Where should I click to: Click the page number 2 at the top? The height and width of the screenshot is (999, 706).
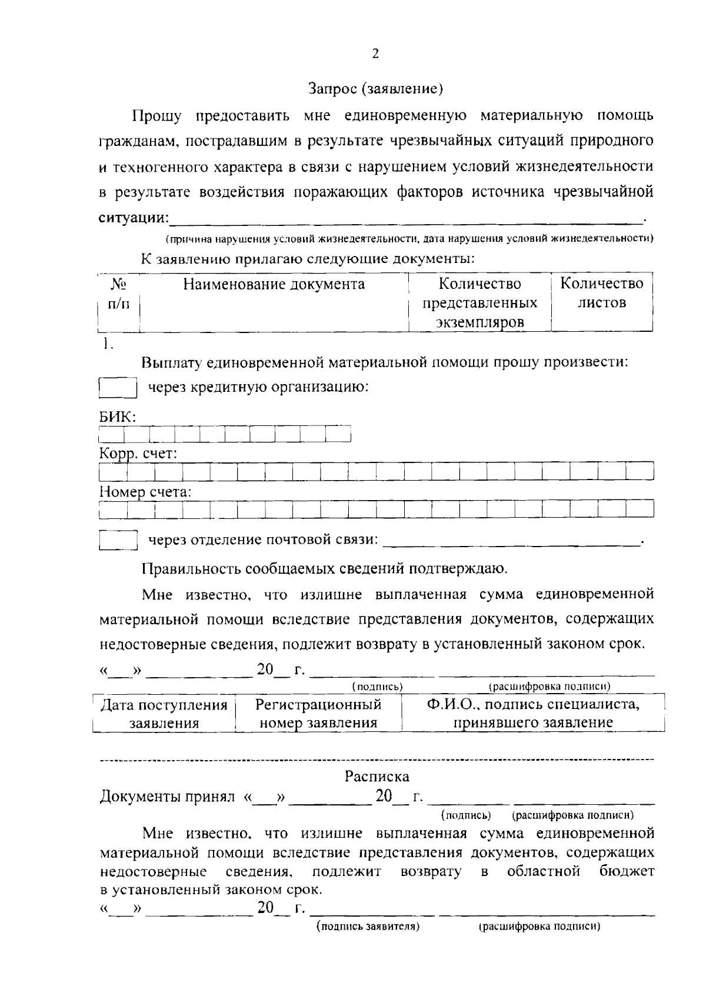[375, 54]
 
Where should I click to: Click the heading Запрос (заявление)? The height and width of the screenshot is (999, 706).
[375, 89]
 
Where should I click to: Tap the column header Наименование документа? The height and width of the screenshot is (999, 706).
[274, 285]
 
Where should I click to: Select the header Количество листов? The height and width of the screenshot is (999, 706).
[601, 294]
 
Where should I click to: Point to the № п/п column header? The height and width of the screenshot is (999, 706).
[119, 294]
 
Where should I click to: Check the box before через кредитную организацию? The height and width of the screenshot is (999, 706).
[118, 388]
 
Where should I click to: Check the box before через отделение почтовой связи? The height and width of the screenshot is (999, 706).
[118, 540]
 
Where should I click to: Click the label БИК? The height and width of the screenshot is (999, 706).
[117, 417]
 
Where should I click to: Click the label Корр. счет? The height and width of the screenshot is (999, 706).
[138, 454]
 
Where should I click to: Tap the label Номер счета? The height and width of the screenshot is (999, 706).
[145, 492]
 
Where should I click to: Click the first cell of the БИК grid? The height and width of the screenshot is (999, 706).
[112, 434]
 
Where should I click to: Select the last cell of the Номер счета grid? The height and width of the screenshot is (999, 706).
[640, 508]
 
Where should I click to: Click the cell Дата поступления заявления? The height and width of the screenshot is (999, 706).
[164, 714]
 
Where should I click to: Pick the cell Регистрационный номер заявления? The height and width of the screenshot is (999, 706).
[318, 714]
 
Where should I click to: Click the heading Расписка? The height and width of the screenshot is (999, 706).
[377, 777]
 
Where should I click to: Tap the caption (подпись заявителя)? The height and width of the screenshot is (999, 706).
[368, 927]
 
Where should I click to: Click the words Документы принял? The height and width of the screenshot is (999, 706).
[167, 797]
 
